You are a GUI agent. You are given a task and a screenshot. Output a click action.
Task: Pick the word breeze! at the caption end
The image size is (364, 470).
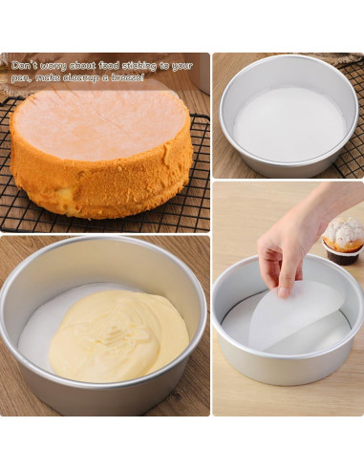pos(127,77)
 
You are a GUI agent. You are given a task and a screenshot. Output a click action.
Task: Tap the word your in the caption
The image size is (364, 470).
pos(182,65)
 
